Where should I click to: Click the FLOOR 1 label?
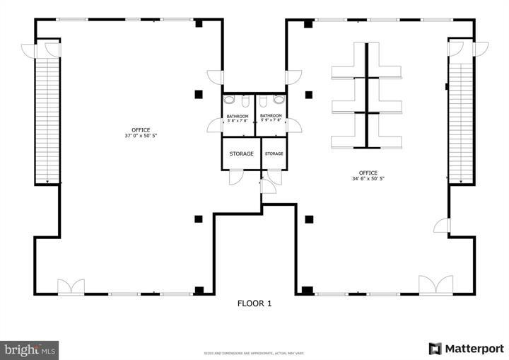click(254, 303)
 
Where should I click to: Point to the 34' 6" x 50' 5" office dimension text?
click(368, 178)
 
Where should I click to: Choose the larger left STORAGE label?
click(241, 153)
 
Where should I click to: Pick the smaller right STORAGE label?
click(274, 153)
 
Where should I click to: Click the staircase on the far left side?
click(47, 120)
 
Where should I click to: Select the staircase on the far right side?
click(460, 120)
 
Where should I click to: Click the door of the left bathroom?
click(213, 126)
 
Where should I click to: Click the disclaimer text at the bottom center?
click(254, 352)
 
